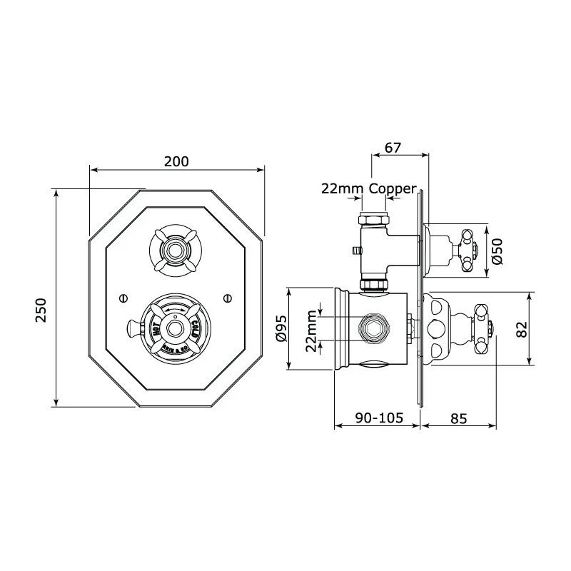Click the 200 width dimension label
[176, 161]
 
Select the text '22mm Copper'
[368, 188]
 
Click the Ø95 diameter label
[281, 329]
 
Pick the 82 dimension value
[522, 329]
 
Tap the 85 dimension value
[458, 419]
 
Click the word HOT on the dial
[154, 329]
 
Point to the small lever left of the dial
[133, 328]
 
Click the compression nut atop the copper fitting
[373, 203]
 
